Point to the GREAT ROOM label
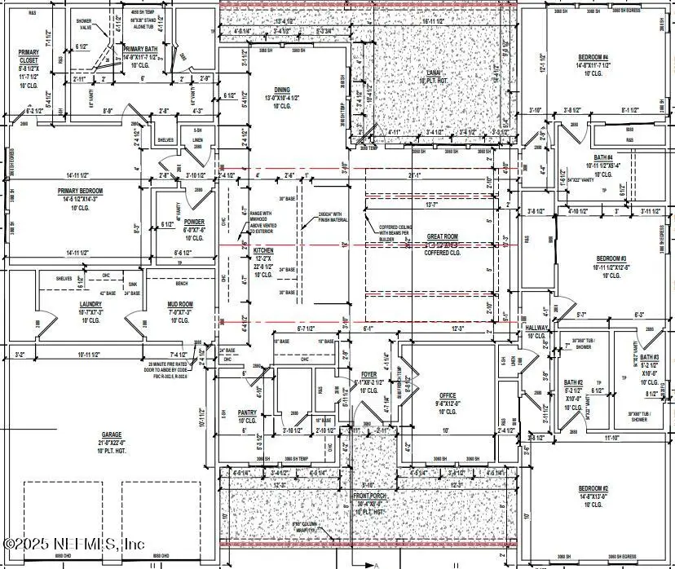(x=443, y=237)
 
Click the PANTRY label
(x=247, y=413)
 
